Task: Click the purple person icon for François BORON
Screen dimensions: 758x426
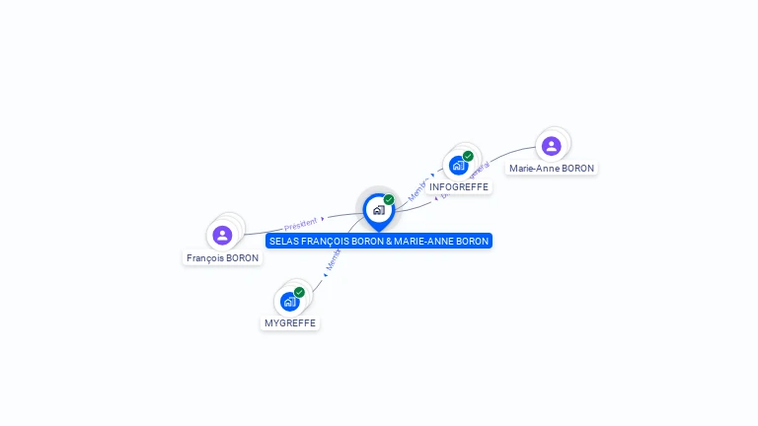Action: (222, 235)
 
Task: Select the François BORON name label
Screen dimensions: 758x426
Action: (222, 258)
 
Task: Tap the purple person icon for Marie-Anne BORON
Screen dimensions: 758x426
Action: (551, 146)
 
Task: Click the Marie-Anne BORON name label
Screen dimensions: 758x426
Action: (552, 169)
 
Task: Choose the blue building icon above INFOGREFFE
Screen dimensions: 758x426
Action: (458, 165)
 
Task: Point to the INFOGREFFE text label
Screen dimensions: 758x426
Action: (459, 187)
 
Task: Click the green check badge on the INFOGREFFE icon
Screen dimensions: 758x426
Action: (468, 156)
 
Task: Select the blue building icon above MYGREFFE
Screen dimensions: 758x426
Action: (289, 301)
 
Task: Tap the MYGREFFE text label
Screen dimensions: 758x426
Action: (291, 323)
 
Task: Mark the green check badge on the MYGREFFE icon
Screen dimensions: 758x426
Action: (299, 292)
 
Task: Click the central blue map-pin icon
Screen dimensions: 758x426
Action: (378, 210)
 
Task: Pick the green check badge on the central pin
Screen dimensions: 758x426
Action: (389, 200)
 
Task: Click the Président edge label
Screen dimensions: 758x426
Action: (301, 224)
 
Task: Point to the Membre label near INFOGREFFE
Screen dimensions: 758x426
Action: (418, 188)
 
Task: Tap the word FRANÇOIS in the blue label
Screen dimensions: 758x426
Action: (327, 241)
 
